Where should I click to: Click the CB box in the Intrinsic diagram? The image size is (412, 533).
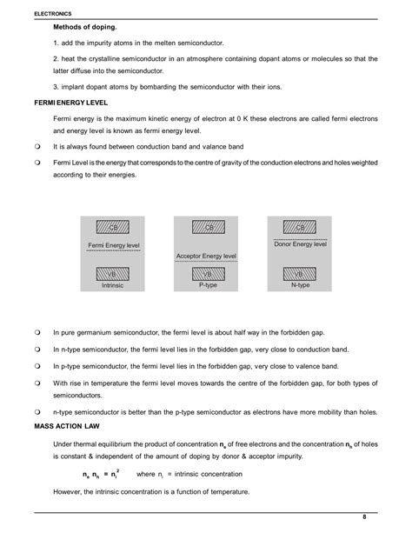[113, 228]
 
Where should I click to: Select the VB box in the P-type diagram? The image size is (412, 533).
[208, 273]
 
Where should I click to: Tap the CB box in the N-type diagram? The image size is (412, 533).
[302, 228]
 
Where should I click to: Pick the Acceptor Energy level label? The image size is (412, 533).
[207, 257]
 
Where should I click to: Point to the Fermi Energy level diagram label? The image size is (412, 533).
[114, 247]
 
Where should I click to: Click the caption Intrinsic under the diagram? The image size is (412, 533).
[113, 285]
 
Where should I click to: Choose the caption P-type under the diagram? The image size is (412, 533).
[208, 285]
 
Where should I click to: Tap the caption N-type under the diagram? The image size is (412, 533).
[302, 285]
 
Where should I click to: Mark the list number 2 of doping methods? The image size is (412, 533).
[56, 58]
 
